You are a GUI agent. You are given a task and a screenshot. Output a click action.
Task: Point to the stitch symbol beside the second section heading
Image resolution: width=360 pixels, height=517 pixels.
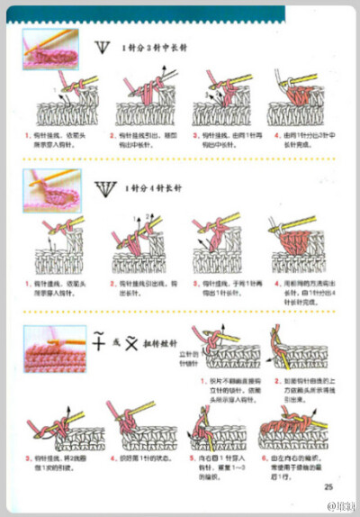pyautogui.click(x=104, y=187)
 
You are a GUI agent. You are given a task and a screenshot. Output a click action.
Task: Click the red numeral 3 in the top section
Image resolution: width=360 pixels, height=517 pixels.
pyautogui.click(x=195, y=135)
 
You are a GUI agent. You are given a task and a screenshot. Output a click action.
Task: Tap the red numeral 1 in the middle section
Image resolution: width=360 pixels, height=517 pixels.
pyautogui.click(x=26, y=283)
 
